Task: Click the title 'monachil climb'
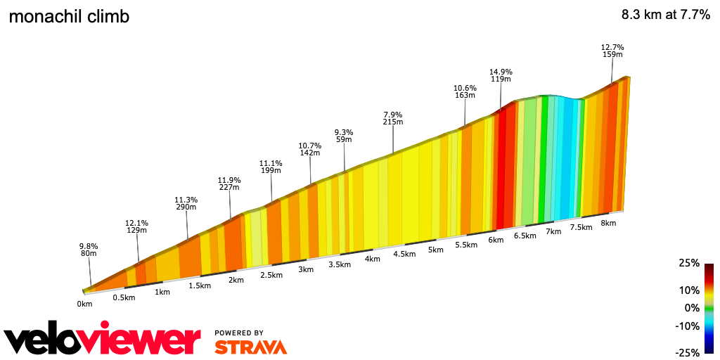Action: coord(69,17)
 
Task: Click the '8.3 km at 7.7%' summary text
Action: coord(665,15)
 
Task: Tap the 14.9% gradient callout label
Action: coord(501,75)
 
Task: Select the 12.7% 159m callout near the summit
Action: coord(612,51)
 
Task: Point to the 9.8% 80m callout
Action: coord(88,250)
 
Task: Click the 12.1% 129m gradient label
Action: coord(136,226)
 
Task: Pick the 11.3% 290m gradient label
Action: coord(186,203)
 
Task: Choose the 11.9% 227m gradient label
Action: coord(229,183)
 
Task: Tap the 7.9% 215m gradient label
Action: coord(392,118)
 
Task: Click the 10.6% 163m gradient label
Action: coord(465,91)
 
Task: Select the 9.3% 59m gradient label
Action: coord(344,136)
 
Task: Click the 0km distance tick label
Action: coord(84,304)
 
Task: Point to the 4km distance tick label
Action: coord(372,259)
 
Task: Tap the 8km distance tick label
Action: coord(608,223)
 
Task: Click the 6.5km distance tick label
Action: coord(525,236)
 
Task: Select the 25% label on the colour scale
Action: coord(690,263)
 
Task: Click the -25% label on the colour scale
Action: coord(688,352)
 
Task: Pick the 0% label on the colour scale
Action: coord(693,308)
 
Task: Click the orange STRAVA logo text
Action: coord(250,347)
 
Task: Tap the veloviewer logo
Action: coord(102,340)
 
